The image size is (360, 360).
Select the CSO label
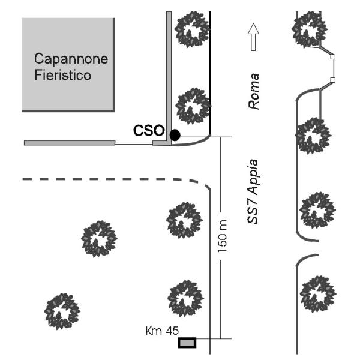(148, 131)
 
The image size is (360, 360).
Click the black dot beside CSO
(175, 135)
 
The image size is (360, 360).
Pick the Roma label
(254, 90)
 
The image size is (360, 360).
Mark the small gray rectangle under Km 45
(187, 343)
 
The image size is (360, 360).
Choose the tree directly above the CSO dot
(193, 104)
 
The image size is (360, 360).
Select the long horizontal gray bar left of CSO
(69, 143)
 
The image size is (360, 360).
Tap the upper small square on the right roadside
(332, 58)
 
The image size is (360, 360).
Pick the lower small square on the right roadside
(332, 79)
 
